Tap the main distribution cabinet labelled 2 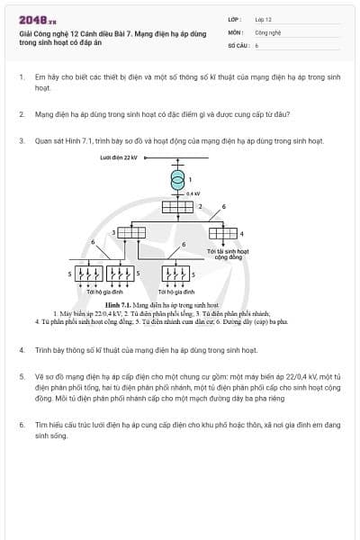[x=176, y=207]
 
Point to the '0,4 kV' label [x=192, y=193]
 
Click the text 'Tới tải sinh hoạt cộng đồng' [x=233, y=254]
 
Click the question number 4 [x=21, y=348]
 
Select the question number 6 [x=21, y=423]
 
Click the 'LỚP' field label [x=235, y=19]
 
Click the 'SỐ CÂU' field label [x=238, y=43]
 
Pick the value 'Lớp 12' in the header [x=263, y=19]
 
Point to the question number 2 [x=21, y=114]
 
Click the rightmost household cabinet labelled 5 [x=175, y=273]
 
